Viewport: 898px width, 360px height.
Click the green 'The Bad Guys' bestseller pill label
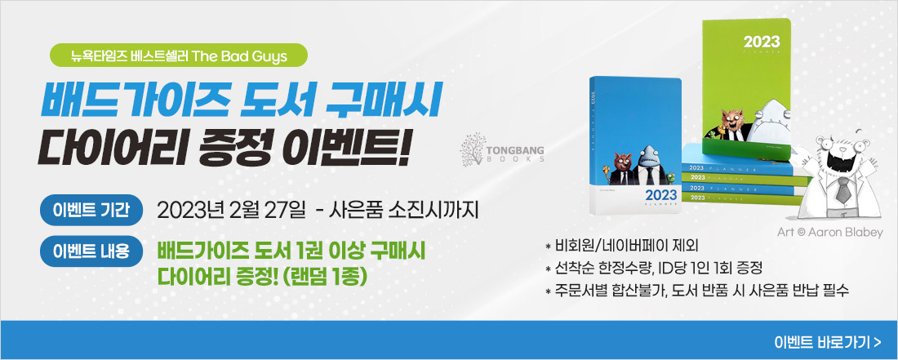pos(180,56)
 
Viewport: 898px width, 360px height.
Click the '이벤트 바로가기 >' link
pos(828,342)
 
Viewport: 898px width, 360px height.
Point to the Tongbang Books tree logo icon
pos(473,149)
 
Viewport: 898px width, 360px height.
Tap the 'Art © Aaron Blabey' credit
pos(830,233)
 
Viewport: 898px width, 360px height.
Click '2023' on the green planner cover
pos(761,42)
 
